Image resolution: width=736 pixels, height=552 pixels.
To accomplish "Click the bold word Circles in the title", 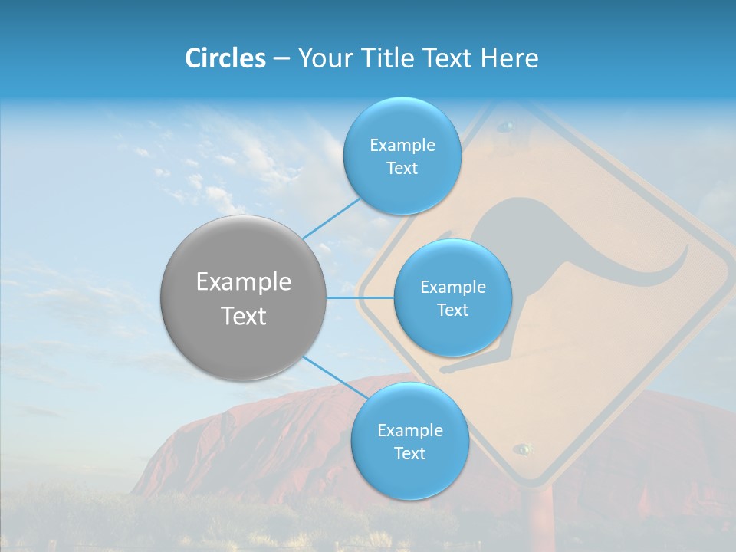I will click(x=225, y=58).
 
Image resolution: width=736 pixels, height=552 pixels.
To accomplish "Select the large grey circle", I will click(x=243, y=297).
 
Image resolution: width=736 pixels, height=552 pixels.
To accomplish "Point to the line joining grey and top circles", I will click(x=331, y=218).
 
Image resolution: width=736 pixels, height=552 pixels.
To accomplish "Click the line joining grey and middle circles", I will click(x=360, y=297).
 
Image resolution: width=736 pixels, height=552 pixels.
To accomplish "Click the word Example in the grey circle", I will click(x=244, y=282).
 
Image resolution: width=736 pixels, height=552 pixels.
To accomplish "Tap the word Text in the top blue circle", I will click(x=402, y=169).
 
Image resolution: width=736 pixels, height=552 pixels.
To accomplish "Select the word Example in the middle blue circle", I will click(x=453, y=287).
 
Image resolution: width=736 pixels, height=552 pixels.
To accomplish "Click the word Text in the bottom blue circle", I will click(x=409, y=453).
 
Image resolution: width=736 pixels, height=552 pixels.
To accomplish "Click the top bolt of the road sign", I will click(x=505, y=125).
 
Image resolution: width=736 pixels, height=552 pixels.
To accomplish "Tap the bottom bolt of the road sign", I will click(x=524, y=449).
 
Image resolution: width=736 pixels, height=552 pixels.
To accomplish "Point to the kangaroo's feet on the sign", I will click(x=460, y=366).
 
